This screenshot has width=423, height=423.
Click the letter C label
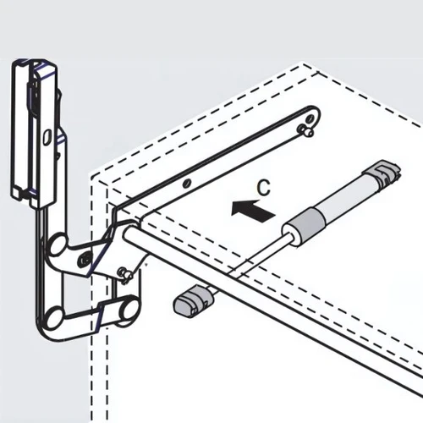(264, 188)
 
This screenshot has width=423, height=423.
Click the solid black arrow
(253, 211)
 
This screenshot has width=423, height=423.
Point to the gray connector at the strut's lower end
(193, 301)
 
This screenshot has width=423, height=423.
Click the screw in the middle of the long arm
(187, 184)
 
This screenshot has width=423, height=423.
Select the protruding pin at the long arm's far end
(305, 130)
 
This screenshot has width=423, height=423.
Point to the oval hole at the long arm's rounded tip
(310, 118)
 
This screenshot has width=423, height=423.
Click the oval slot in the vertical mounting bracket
(47, 137)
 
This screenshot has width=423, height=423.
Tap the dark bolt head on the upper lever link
(85, 258)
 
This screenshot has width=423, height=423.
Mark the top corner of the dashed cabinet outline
(302, 63)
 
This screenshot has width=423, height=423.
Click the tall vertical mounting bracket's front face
(45, 135)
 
